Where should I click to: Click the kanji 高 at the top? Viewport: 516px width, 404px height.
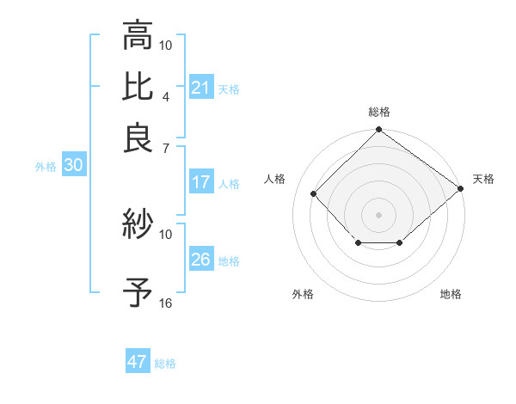click(138, 37)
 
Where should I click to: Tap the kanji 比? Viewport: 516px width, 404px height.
click(138, 87)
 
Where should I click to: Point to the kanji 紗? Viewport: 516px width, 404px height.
click(138, 225)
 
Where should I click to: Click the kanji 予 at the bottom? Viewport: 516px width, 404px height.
click(138, 293)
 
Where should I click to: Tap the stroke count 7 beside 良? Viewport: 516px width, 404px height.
click(167, 148)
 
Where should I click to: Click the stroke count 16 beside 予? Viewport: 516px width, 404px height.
click(166, 303)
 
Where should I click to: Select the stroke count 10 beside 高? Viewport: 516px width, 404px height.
click(166, 45)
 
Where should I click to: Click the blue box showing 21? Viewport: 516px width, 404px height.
click(201, 88)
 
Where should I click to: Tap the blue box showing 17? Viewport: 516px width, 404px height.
click(201, 182)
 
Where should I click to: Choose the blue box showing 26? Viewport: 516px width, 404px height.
click(201, 260)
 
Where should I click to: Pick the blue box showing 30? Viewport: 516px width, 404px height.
click(73, 166)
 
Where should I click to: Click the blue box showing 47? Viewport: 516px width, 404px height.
click(138, 362)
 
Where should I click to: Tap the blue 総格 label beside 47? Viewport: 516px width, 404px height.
click(165, 364)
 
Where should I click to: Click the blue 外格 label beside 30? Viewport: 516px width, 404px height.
click(46, 167)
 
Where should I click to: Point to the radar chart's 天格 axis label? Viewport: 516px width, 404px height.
click(483, 179)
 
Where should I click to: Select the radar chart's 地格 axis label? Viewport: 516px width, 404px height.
click(451, 295)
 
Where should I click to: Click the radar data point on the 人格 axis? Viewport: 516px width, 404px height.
click(314, 194)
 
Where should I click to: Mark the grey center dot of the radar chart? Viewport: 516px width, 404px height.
click(378, 214)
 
